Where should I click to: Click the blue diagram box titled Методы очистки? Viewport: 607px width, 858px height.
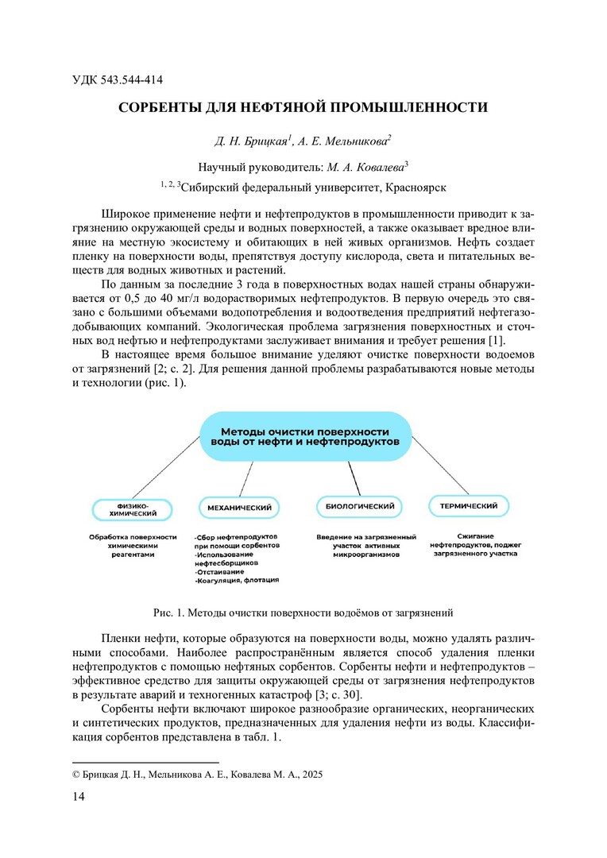pos(304,435)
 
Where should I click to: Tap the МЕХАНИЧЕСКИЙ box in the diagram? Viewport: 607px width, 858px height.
pos(239,506)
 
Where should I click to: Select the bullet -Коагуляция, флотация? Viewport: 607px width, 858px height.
pos(237,581)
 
